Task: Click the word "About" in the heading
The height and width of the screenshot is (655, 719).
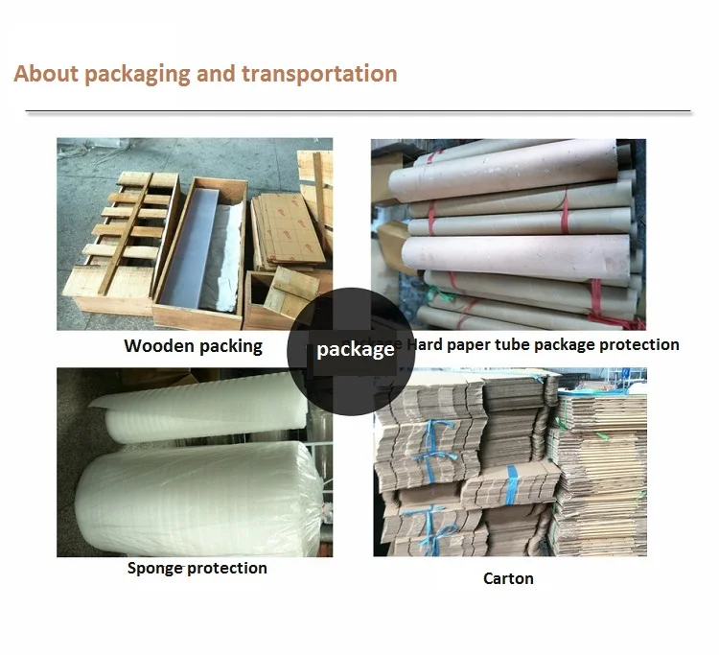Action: point(45,74)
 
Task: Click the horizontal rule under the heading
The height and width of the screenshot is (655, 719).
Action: point(359,112)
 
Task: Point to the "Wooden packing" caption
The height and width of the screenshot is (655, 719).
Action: point(193,346)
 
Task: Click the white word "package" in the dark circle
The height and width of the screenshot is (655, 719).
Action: point(355,350)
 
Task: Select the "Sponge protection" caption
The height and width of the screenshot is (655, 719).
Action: point(197,568)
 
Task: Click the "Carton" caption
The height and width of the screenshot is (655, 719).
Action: point(508,578)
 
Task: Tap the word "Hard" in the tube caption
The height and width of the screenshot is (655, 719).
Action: point(427,344)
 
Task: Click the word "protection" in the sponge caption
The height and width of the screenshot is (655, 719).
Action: point(226,568)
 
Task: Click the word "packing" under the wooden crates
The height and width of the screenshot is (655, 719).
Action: point(228,346)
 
